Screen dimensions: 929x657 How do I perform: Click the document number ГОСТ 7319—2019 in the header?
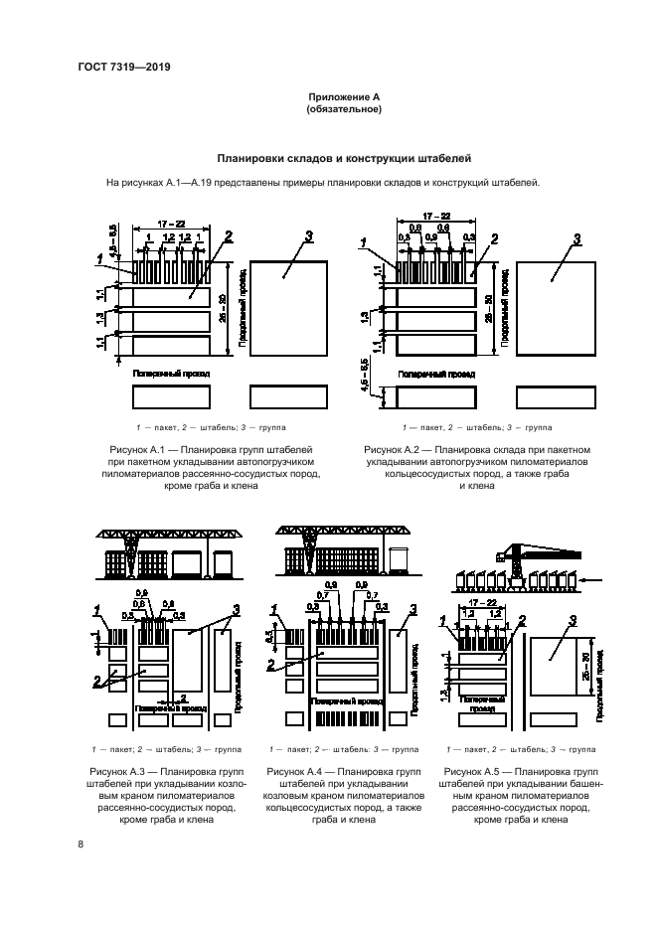click(123, 68)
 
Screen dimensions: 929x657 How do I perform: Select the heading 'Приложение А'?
click(343, 96)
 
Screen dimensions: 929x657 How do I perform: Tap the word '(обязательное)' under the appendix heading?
click(343, 109)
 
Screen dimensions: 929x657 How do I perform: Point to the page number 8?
click(81, 845)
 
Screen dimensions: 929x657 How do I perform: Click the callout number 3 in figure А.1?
click(309, 235)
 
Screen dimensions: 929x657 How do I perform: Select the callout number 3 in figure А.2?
click(576, 239)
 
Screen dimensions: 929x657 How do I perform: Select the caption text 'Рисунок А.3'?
click(123, 770)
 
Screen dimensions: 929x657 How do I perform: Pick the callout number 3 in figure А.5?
click(573, 621)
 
